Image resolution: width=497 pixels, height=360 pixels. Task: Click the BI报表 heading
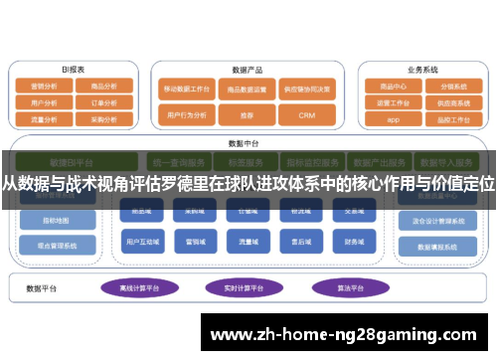click(x=73, y=70)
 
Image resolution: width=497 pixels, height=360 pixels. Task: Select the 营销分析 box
click(x=45, y=87)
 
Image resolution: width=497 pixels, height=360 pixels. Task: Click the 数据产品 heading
click(x=248, y=70)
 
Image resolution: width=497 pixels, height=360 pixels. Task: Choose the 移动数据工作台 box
click(x=187, y=89)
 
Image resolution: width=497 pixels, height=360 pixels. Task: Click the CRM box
click(x=306, y=115)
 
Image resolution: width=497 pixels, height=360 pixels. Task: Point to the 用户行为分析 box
click(x=187, y=115)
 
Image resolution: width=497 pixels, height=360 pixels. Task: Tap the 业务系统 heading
click(x=422, y=70)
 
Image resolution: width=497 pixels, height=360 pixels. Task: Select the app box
click(x=393, y=118)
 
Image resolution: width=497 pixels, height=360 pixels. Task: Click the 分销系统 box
click(x=452, y=87)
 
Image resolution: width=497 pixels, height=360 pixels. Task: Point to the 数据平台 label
click(x=44, y=287)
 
